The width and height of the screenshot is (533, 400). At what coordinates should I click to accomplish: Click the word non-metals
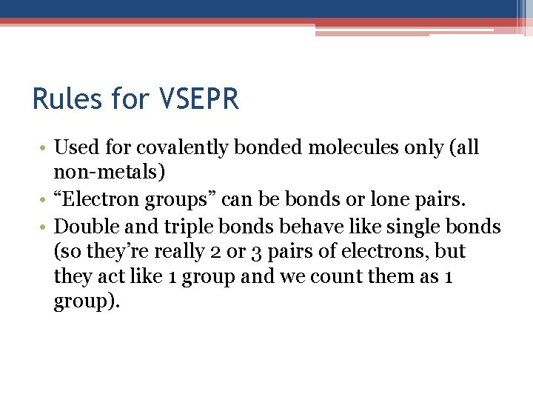[x=110, y=173]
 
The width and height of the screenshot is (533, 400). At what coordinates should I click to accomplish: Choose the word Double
[x=87, y=225]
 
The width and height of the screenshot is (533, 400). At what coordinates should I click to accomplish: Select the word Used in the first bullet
[x=73, y=147]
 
